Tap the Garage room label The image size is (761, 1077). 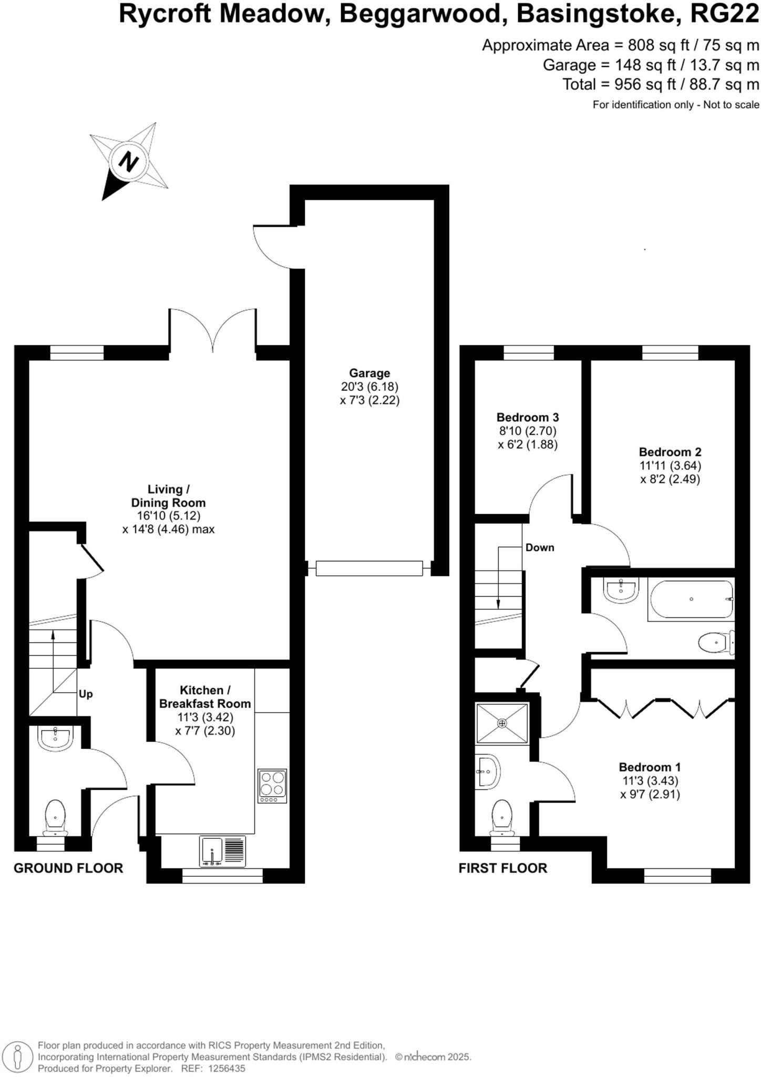(x=369, y=373)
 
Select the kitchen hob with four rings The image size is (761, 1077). (x=272, y=786)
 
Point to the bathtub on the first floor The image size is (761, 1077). (x=691, y=600)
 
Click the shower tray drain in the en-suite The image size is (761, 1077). (x=502, y=723)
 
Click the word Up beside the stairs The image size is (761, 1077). (x=86, y=694)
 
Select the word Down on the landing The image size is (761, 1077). (x=540, y=547)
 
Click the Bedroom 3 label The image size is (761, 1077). (x=528, y=417)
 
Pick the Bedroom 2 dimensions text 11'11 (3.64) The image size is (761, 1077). (x=670, y=465)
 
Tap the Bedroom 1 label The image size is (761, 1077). (x=650, y=767)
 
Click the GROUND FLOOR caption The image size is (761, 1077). (x=68, y=868)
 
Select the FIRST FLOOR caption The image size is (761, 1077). (x=503, y=868)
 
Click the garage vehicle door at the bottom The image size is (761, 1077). (x=369, y=568)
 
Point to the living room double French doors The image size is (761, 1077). (x=213, y=331)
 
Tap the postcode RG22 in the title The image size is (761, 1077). (x=724, y=14)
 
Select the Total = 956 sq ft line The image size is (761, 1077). (x=661, y=84)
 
